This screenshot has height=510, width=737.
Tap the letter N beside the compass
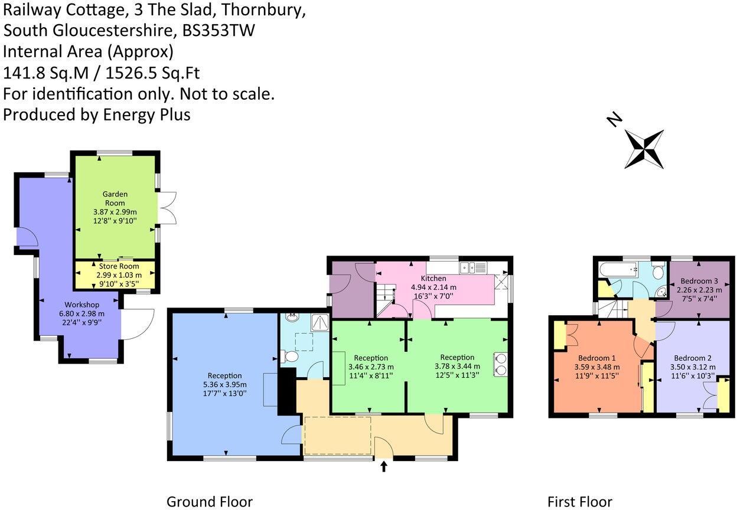coord(615,120)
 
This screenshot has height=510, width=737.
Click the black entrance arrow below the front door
coord(384,467)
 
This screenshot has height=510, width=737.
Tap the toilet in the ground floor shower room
coord(289,357)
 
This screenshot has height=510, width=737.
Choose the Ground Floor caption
coord(209,502)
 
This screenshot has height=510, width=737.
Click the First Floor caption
coord(579,502)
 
